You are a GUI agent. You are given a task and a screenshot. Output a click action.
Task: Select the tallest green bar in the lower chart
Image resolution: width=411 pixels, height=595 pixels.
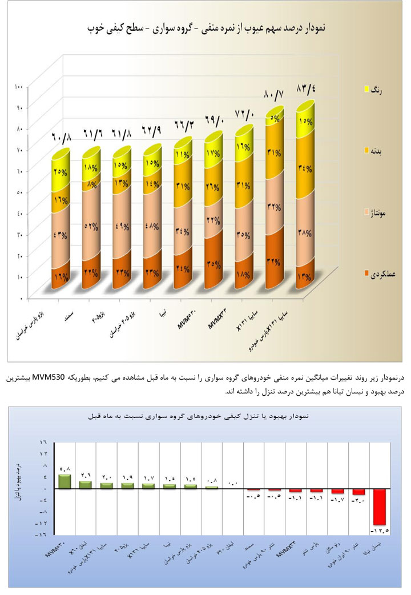click(x=65, y=481)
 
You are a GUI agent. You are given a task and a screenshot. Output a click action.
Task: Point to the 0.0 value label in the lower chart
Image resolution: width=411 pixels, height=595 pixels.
click(x=233, y=484)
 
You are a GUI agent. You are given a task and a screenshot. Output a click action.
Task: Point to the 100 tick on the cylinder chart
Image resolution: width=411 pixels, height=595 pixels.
click(x=19, y=87)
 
